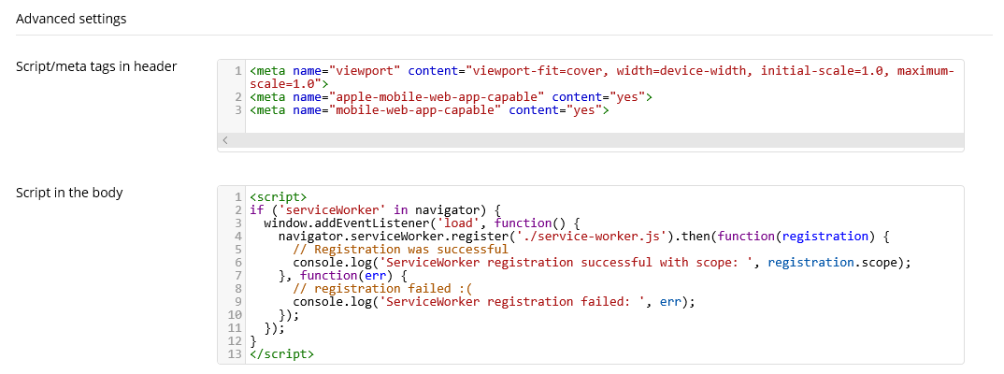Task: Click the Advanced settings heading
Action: (71, 20)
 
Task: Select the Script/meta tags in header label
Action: (96, 66)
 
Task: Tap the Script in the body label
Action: (69, 192)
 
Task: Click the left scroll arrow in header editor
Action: (225, 140)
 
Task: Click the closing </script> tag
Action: (281, 353)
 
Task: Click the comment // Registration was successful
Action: (400, 249)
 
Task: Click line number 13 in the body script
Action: (235, 353)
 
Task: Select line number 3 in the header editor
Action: (238, 110)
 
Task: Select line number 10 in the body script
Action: (235, 314)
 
